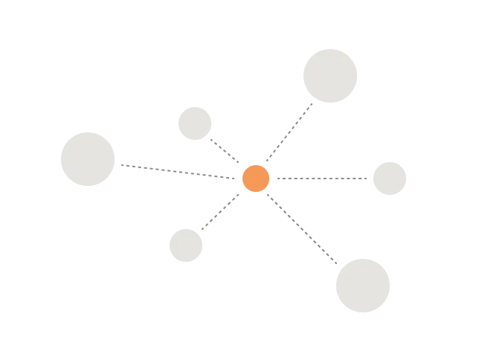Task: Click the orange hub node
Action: point(255,179)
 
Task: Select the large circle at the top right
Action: point(330,77)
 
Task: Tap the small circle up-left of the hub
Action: point(196,124)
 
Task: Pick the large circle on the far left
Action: point(89,160)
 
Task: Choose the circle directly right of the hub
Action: point(389,179)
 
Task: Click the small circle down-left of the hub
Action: point(184,243)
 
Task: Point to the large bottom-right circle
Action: point(363,285)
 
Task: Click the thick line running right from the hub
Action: point(320,179)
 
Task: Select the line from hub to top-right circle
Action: point(287,135)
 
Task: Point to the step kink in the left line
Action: point(183,173)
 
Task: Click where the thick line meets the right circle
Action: point(370,179)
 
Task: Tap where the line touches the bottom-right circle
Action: point(338,262)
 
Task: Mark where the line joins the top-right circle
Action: point(312,103)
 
